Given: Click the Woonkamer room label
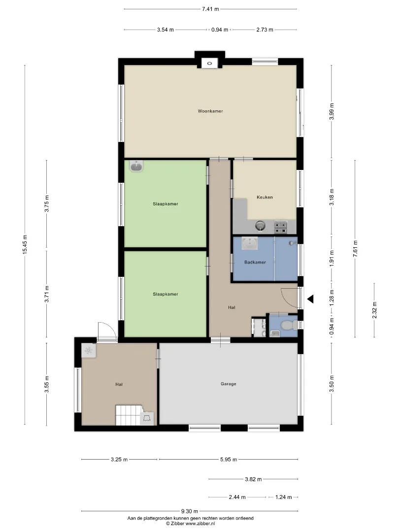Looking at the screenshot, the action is [x=210, y=111].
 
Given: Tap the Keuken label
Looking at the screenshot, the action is [x=265, y=197].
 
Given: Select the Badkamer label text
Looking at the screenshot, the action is [x=255, y=262].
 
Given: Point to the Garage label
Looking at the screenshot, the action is [x=229, y=384].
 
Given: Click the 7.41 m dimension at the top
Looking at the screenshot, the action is [x=210, y=9].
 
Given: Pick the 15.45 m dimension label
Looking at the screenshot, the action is [x=25, y=244].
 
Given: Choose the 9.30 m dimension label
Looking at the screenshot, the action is [x=190, y=511].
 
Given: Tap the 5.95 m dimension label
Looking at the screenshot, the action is [x=229, y=460].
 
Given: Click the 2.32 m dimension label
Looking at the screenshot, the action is [x=374, y=310].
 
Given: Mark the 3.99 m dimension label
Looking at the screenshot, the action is [x=332, y=111].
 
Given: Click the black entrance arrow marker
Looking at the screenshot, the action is [x=310, y=299].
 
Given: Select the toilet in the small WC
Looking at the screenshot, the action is [x=288, y=326].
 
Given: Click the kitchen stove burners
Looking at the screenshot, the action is [x=281, y=228].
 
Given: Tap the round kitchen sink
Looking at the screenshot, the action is [x=260, y=226].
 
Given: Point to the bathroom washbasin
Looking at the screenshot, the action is [x=249, y=243].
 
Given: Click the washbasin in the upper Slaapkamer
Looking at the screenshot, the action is [x=136, y=166].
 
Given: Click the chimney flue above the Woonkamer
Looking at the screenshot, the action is [x=210, y=63].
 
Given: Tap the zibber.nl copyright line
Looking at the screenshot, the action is [x=190, y=524].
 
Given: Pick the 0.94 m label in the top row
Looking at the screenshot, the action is [x=220, y=30].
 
